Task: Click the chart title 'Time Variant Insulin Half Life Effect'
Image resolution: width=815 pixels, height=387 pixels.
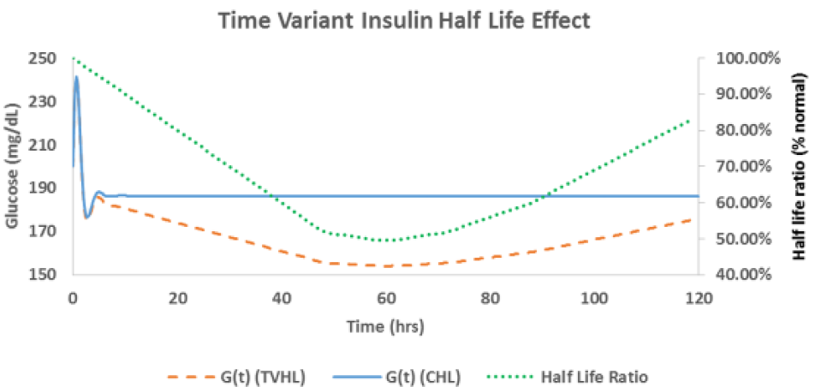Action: pos(404,21)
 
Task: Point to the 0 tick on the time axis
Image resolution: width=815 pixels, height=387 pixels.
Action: pos(74,298)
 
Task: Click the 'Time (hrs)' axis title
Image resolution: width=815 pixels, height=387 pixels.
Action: pos(386,327)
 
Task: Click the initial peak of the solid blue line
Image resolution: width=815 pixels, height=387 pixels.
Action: pos(76,76)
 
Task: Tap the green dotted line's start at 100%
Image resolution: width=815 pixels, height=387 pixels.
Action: pos(74,58)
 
